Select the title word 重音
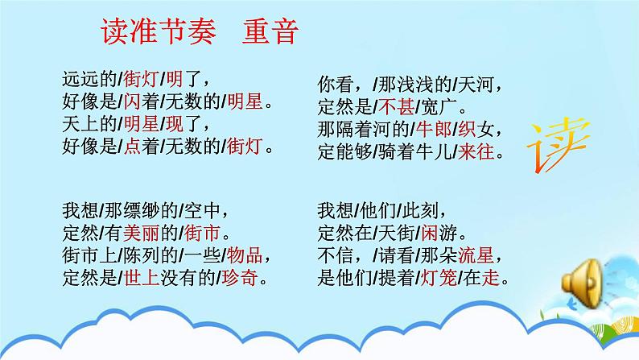271,34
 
